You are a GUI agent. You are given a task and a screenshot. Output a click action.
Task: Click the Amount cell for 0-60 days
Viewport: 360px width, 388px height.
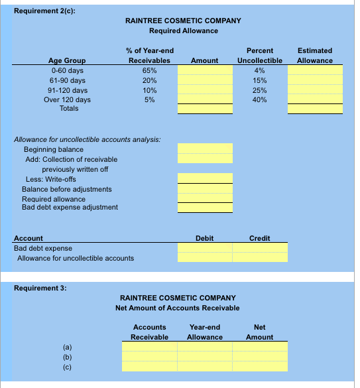[204, 70]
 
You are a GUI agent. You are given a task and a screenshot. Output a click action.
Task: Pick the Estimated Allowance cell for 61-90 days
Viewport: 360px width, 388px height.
[315, 80]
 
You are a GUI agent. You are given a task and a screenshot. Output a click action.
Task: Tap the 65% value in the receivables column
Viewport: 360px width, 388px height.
[149, 70]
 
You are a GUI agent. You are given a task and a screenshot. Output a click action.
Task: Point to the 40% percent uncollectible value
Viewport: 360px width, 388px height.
[260, 99]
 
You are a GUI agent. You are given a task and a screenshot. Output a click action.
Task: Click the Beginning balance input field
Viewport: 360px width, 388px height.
[204, 149]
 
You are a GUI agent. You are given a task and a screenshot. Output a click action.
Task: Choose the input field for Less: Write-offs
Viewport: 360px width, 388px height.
[204, 178]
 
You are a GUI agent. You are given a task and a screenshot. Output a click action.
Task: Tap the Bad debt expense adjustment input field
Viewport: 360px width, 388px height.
[204, 208]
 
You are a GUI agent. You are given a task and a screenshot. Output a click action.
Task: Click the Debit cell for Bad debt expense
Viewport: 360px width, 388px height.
[204, 247]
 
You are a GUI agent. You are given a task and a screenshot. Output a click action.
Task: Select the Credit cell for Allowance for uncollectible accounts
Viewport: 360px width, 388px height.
[260, 257]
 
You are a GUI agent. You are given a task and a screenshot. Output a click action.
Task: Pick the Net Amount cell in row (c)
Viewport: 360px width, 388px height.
[260, 366]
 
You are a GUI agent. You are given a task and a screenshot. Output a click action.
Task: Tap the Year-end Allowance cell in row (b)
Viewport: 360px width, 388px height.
[204, 356]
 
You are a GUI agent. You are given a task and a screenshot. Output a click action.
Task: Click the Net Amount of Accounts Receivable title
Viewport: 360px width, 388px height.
[177, 307]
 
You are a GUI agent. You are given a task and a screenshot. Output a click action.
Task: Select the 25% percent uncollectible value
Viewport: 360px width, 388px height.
[260, 90]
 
